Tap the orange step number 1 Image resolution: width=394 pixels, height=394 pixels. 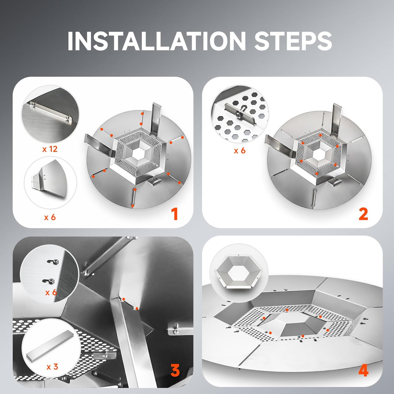pos(174,214)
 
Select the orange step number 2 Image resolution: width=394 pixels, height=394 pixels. pos(363,214)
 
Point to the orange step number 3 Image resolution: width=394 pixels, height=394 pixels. pos(175,370)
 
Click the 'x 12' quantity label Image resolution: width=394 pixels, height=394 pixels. pos(50,149)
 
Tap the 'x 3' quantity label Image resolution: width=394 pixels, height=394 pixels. pos(52,366)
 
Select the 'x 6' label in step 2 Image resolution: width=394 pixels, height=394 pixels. pos(240,151)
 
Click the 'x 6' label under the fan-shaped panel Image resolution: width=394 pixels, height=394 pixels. pos(50,217)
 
